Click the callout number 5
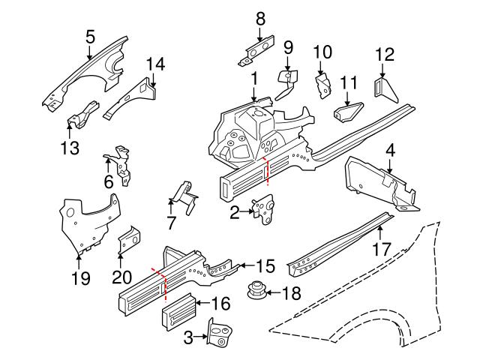click(90, 35)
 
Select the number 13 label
click(70, 148)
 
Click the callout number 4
click(390, 150)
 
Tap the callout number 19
click(79, 279)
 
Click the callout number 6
click(109, 181)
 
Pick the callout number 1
click(254, 77)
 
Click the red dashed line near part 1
click(267, 172)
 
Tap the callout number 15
click(265, 266)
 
